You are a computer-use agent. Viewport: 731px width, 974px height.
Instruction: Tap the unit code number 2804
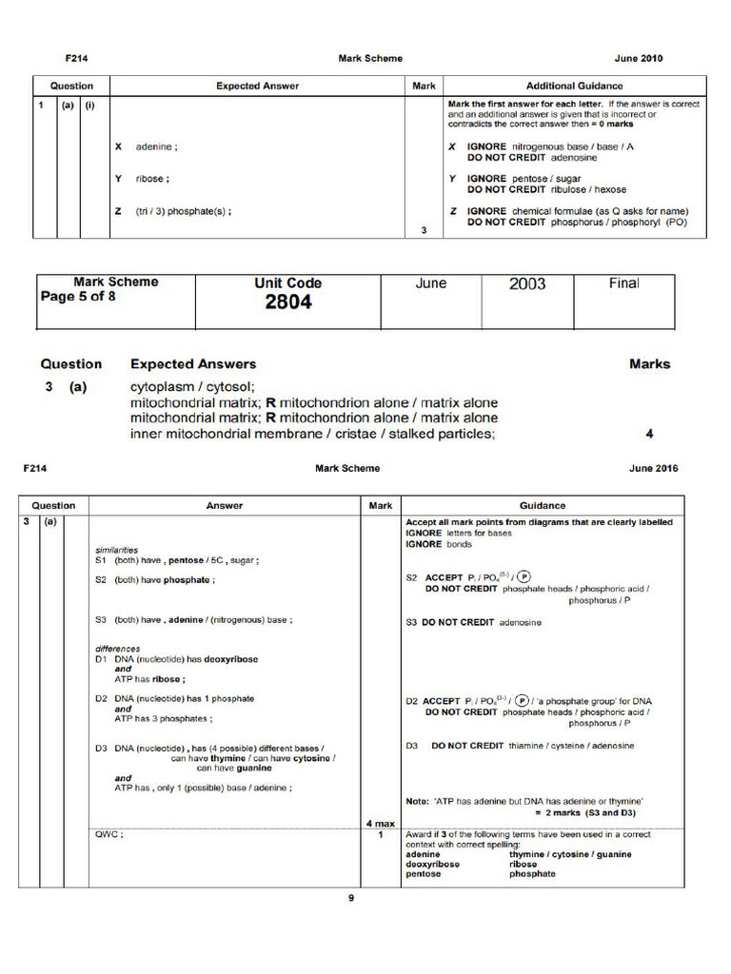(x=287, y=302)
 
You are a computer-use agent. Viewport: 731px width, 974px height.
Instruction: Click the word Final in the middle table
(x=624, y=282)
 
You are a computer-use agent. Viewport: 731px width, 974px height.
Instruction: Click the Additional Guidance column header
(x=574, y=86)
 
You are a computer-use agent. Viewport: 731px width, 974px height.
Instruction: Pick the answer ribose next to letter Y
(x=153, y=179)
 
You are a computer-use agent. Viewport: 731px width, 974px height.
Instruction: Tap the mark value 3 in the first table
(x=424, y=229)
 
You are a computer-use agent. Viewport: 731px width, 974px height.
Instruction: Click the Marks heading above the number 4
(x=649, y=363)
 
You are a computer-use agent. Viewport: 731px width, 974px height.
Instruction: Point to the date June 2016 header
(x=654, y=468)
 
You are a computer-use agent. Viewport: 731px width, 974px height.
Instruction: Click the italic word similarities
(x=116, y=550)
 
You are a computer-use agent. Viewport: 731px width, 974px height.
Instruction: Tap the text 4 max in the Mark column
(x=380, y=822)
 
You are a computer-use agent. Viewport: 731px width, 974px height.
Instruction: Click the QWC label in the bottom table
(x=109, y=834)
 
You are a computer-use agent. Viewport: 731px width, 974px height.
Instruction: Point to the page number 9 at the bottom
(x=350, y=897)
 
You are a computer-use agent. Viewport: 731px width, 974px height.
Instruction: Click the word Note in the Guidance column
(x=418, y=801)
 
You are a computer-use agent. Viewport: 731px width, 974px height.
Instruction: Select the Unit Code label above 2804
(x=287, y=282)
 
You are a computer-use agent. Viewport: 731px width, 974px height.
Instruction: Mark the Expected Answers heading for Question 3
(x=193, y=363)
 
